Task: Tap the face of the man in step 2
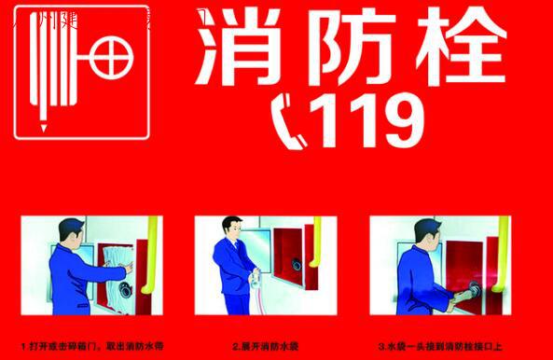click(233, 230)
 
